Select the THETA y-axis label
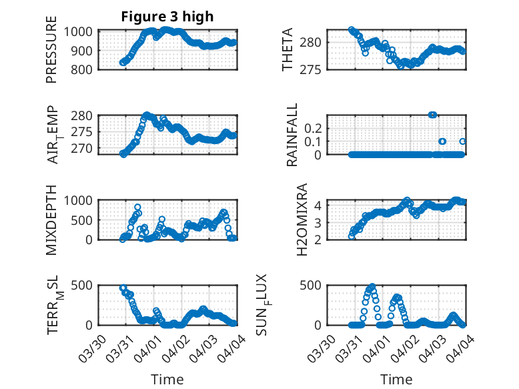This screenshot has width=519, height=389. (x=288, y=50)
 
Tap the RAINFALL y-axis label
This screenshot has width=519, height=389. (x=292, y=135)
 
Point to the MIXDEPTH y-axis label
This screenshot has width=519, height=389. (x=51, y=220)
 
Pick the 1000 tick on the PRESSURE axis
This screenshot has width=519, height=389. (x=81, y=31)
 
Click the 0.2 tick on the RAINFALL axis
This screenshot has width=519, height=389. (x=313, y=127)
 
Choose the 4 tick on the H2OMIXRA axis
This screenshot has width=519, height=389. (x=319, y=206)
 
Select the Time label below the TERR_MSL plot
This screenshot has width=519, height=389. (x=167, y=380)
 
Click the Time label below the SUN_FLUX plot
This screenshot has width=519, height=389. (x=396, y=380)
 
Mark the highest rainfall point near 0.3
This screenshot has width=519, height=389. (x=432, y=115)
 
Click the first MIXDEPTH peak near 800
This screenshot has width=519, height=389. (x=137, y=208)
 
